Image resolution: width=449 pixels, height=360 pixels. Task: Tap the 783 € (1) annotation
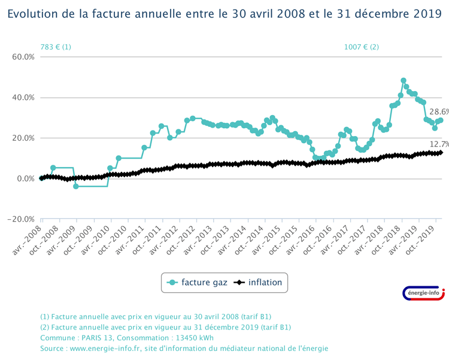tap(56, 47)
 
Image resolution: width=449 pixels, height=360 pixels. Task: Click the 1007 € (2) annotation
tap(361, 47)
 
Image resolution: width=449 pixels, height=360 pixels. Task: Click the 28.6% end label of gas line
tap(439, 112)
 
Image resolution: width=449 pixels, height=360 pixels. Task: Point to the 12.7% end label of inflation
tap(439, 144)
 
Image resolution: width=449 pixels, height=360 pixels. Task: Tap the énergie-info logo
tap(424, 292)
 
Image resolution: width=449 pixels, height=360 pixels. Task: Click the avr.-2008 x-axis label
tap(31, 238)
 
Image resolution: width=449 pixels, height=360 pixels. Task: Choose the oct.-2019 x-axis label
tap(425, 238)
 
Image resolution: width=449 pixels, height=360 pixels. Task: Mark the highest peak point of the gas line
tap(404, 80)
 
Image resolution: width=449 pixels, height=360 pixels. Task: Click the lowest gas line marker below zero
tap(76, 186)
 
